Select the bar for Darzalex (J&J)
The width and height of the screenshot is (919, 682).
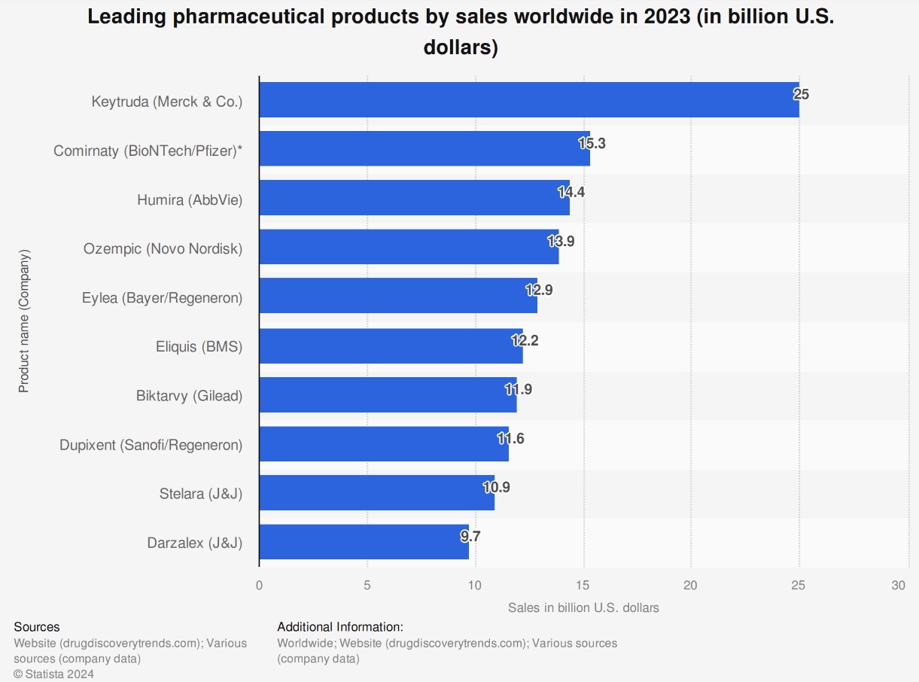pos(364,542)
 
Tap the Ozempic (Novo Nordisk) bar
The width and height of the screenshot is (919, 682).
pos(409,247)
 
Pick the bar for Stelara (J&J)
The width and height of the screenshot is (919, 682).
pos(376,492)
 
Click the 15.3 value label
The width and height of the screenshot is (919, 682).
pos(592,144)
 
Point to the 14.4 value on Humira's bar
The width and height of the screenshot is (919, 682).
pos(571,192)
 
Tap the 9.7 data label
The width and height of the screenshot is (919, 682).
pos(470,537)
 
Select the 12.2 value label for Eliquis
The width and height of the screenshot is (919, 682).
pos(525,340)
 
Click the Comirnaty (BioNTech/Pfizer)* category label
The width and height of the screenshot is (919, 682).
pos(148,151)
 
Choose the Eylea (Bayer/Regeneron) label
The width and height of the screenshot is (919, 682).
pos(162,298)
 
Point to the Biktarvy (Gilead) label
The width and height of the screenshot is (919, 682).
pos(189,395)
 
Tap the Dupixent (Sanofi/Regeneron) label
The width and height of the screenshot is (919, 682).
pos(151,445)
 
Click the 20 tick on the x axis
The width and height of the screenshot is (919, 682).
pos(690,585)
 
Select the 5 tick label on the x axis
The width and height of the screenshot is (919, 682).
pos(367,585)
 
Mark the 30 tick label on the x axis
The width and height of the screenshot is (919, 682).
pos(899,585)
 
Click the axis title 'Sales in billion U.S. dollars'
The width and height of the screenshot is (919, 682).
pos(583,607)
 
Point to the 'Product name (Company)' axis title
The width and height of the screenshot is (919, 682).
pos(23,321)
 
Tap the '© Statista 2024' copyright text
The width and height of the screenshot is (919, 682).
pos(53,674)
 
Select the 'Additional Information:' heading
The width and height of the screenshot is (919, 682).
pos(340,627)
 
